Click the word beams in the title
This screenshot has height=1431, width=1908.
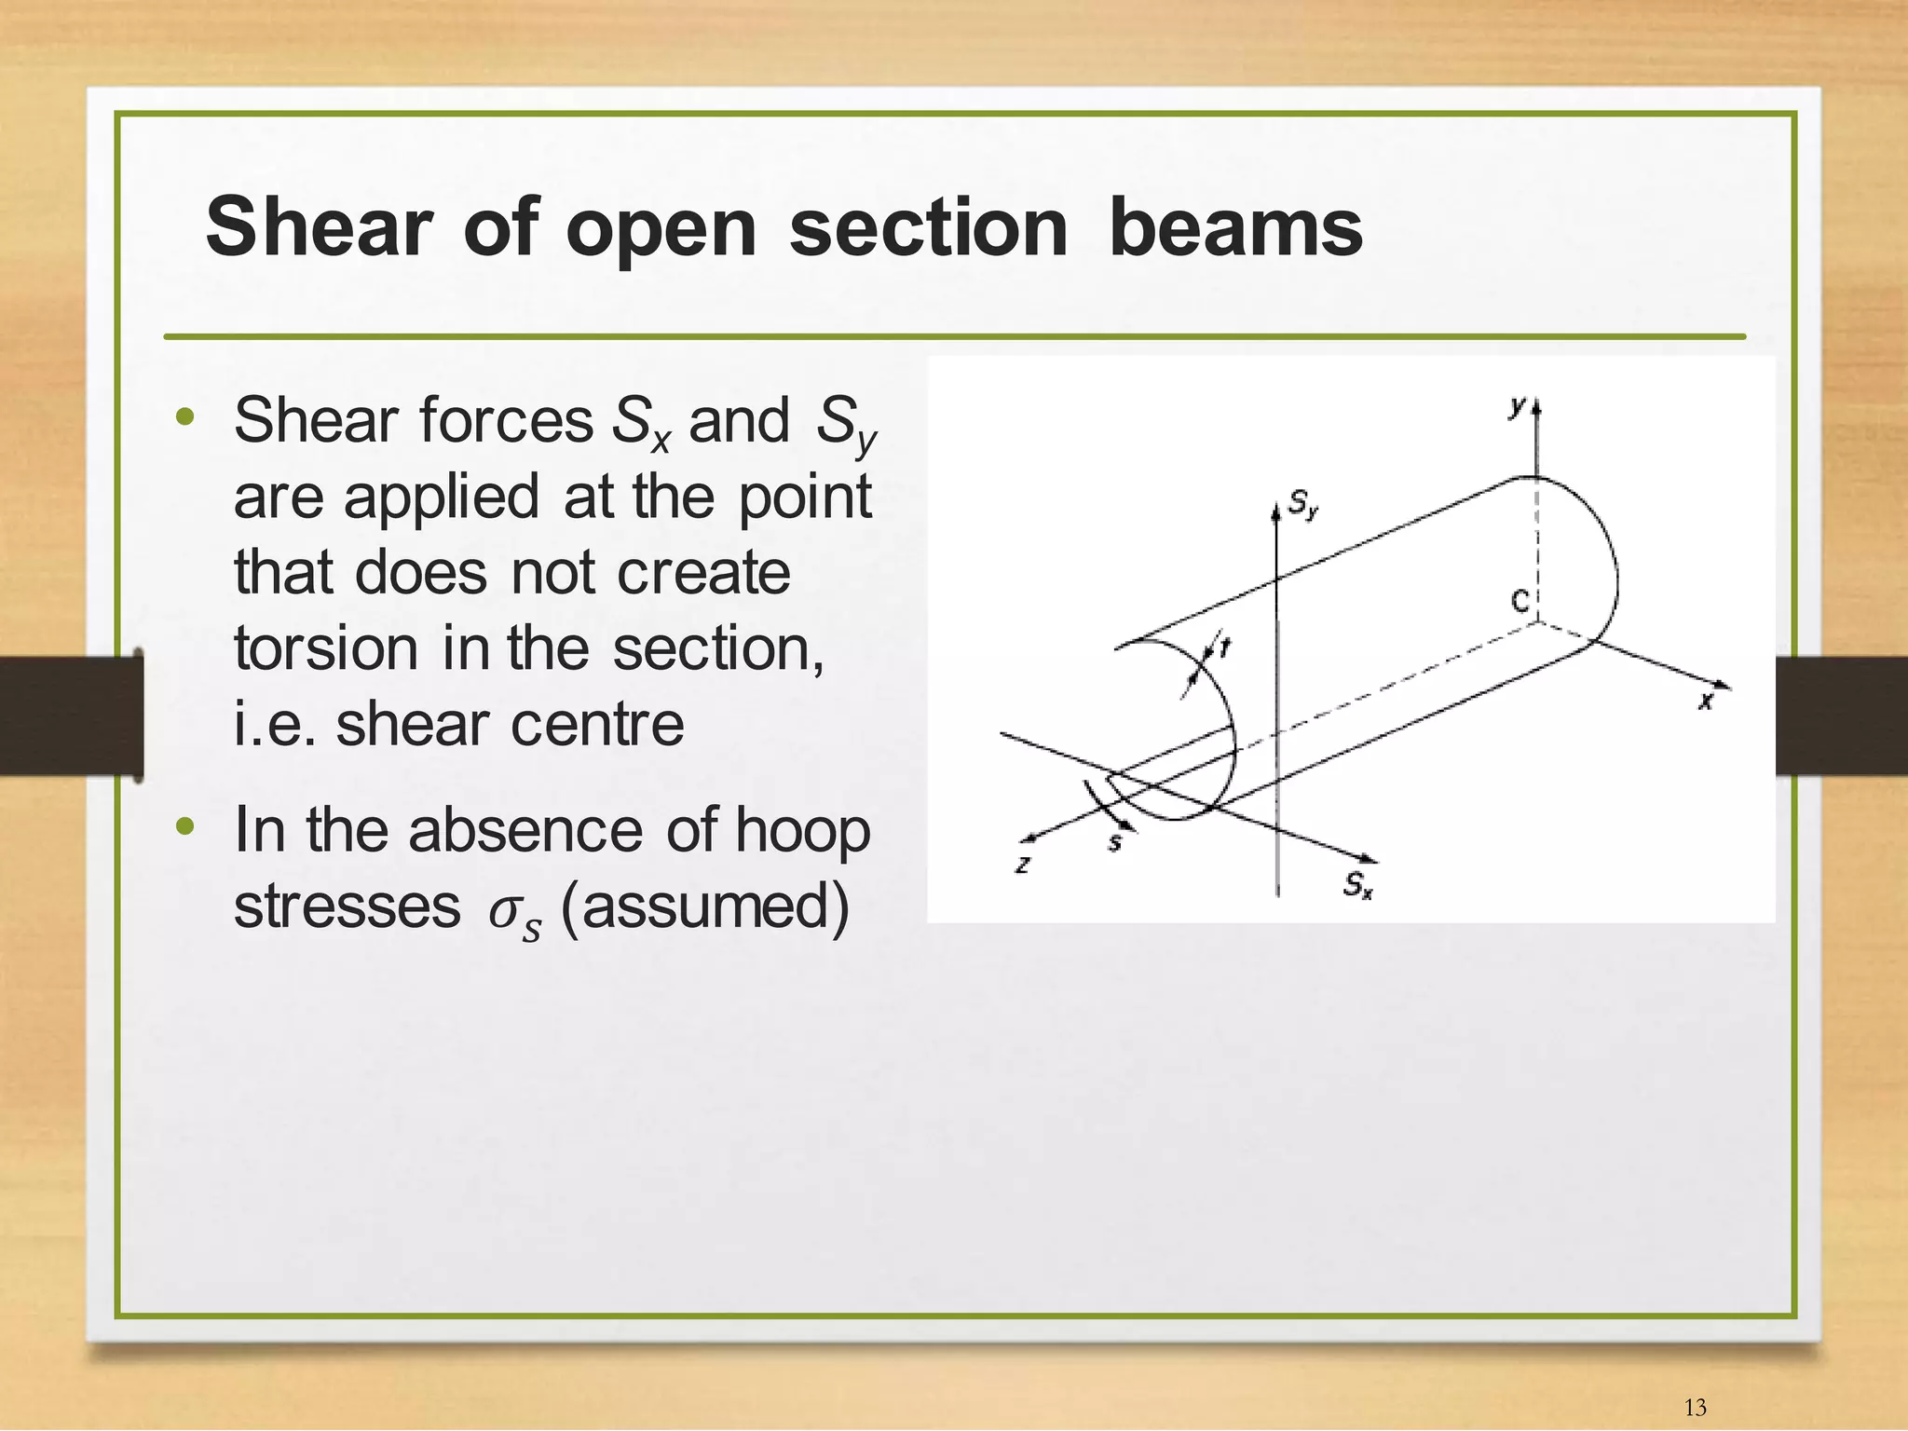tap(1235, 227)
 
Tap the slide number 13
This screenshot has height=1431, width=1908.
tap(1695, 1407)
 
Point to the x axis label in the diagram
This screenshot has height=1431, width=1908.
tap(1705, 702)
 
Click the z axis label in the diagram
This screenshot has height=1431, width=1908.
tap(1023, 864)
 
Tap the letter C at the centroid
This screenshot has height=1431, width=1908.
tap(1520, 602)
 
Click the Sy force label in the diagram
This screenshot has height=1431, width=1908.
tap(1303, 505)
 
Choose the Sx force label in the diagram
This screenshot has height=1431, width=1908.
tap(1357, 884)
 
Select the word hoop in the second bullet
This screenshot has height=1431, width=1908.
tap(802, 830)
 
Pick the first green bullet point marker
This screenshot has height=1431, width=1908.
tap(184, 417)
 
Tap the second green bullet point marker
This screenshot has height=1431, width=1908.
tap(184, 826)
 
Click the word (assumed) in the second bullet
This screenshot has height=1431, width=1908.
tap(704, 906)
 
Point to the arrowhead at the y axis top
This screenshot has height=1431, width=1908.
tap(1536, 407)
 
